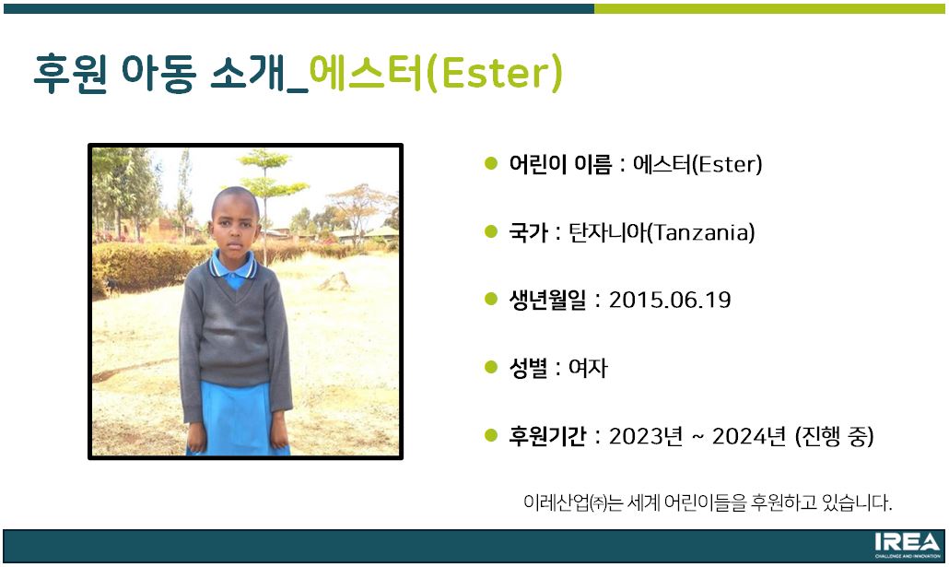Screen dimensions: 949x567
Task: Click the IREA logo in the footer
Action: point(908,545)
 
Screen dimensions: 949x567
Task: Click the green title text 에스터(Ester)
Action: point(436,74)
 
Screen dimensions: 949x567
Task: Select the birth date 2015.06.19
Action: point(670,300)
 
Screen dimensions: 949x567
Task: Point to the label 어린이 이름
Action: point(560,164)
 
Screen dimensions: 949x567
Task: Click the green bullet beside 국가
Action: point(491,230)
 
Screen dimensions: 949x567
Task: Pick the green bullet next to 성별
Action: point(491,367)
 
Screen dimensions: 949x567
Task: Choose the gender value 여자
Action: point(588,368)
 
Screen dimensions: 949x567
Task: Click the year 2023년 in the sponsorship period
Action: point(646,436)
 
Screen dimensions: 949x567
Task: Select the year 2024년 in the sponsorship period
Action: point(749,436)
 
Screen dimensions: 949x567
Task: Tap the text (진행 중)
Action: point(835,436)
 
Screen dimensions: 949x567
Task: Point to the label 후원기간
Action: point(547,436)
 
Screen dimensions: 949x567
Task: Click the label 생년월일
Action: point(547,300)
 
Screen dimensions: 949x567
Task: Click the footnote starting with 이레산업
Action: point(708,502)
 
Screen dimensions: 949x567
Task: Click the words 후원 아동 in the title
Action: point(115,74)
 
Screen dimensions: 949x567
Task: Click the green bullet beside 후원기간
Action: point(491,434)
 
